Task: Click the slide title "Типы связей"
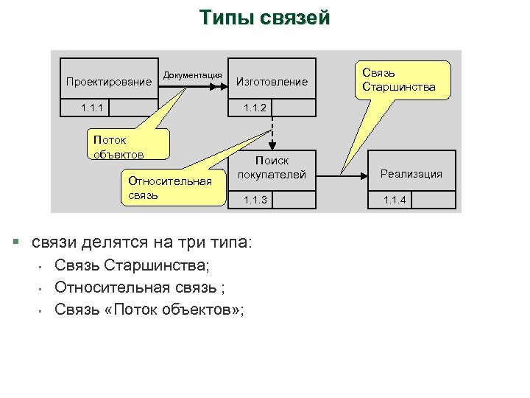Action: click(265, 18)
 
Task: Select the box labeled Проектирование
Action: click(109, 81)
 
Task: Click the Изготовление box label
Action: click(272, 82)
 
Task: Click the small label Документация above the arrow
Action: click(193, 75)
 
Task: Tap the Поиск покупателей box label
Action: click(272, 167)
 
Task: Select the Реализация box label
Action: click(411, 174)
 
